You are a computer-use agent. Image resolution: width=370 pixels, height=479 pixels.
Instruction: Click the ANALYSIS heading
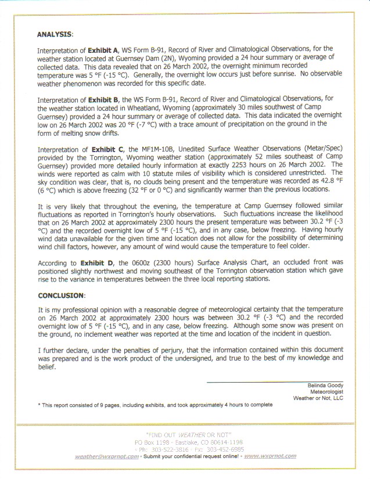pos(55,34)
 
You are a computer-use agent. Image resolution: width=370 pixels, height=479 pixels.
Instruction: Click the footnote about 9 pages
pos(155,405)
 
